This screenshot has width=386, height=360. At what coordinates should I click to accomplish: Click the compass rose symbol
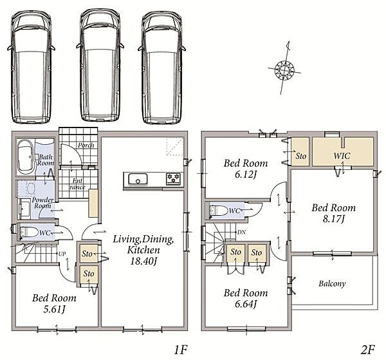(x=284, y=70)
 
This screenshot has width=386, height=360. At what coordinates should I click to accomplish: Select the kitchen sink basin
(x=138, y=180)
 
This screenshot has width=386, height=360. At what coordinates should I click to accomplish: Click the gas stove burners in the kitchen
(x=174, y=178)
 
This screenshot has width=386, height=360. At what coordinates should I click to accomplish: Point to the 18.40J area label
(x=143, y=261)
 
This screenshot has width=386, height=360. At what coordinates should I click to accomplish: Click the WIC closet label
(x=342, y=156)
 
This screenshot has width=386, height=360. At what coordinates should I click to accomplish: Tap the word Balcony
(x=332, y=283)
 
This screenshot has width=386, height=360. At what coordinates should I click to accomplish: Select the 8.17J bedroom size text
(x=333, y=219)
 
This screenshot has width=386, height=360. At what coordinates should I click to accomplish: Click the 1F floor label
(x=181, y=350)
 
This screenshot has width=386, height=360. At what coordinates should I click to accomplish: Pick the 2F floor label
(x=367, y=350)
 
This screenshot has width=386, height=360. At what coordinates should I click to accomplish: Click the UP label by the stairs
(x=62, y=254)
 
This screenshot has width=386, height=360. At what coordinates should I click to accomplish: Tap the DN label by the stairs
(x=241, y=232)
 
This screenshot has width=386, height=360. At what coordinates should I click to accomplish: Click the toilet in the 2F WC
(x=218, y=211)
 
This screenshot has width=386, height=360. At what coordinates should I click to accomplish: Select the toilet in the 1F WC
(x=29, y=232)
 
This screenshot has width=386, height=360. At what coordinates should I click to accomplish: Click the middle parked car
(x=100, y=66)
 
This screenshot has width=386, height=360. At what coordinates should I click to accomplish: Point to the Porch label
(x=86, y=145)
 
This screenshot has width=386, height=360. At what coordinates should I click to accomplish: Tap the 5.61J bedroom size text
(x=54, y=309)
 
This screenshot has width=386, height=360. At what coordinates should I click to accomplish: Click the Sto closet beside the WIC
(x=300, y=151)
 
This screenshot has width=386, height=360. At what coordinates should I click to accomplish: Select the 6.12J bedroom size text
(x=246, y=175)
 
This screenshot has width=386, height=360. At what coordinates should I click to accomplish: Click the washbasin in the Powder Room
(x=31, y=189)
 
